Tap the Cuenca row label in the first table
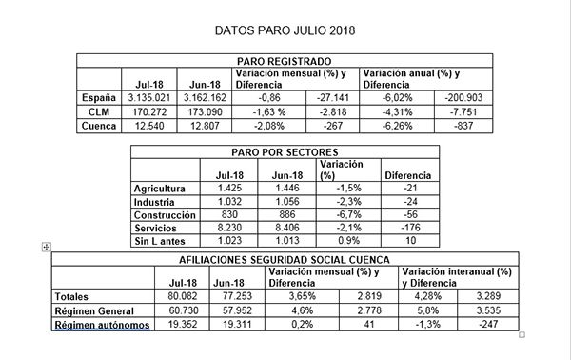point(98,126)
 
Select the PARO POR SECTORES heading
point(285,151)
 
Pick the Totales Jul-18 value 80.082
point(180,296)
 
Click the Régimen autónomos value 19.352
point(180,325)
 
